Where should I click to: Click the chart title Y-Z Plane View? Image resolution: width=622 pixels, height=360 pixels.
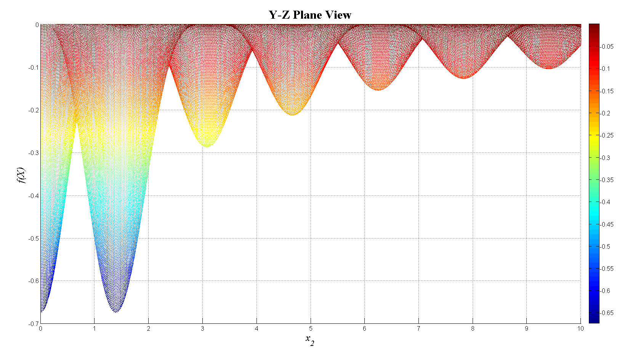pos(309,15)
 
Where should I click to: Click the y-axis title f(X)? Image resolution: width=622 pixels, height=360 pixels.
pos(21,176)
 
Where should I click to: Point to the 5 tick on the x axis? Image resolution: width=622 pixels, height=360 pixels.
pos(311,328)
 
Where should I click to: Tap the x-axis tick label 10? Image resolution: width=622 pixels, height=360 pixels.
pos(580,328)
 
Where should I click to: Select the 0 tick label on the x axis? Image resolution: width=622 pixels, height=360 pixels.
pos(41,328)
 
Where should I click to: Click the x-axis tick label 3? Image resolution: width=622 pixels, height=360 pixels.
pos(203,328)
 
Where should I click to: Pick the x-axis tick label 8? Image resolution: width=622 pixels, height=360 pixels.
pos(473,328)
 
